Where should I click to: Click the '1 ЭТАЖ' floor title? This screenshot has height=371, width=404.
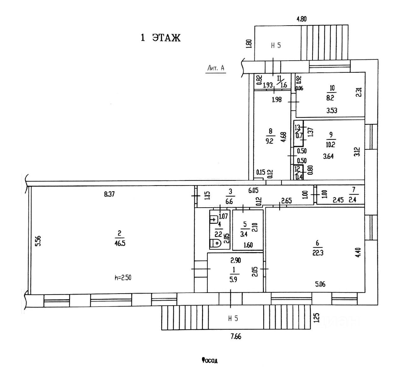(160, 38)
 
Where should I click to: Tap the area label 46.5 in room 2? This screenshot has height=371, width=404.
(120, 243)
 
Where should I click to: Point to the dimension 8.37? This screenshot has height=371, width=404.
(109, 194)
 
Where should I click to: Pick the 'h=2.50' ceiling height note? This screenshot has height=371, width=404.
(123, 278)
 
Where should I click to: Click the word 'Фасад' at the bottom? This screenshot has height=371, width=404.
(210, 360)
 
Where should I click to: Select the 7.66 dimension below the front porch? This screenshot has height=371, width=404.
(236, 337)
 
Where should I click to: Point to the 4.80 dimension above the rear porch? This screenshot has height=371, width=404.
(301, 19)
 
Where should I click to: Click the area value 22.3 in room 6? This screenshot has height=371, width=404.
(318, 252)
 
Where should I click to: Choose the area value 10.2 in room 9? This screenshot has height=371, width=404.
(330, 144)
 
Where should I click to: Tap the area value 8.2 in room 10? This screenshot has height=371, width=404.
(330, 98)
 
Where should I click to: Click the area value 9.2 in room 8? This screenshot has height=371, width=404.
(270, 141)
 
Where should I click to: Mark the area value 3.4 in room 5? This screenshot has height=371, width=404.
(244, 234)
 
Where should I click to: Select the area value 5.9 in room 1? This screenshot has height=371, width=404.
(233, 280)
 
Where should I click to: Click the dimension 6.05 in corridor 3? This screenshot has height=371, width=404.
(253, 190)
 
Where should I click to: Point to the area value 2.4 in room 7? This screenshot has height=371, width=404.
(353, 199)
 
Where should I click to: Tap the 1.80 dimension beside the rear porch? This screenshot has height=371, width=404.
(249, 43)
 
